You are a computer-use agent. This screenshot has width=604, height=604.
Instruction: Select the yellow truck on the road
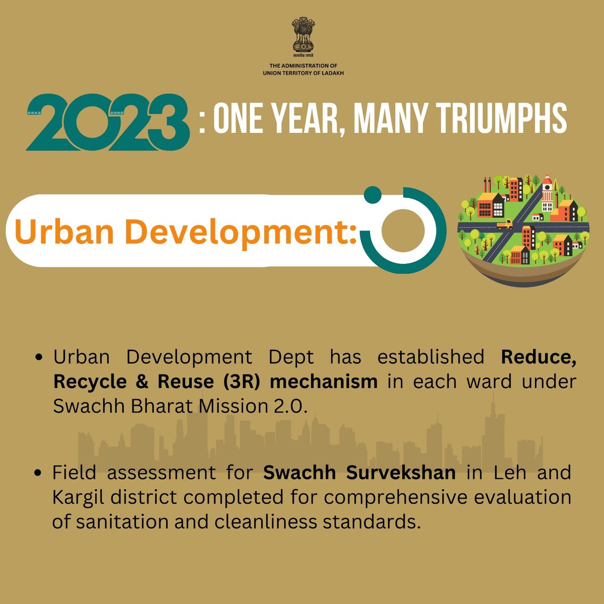click(x=504, y=224)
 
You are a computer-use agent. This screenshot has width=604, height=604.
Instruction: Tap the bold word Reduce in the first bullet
click(x=538, y=357)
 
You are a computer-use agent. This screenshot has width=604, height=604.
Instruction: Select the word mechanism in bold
click(x=324, y=382)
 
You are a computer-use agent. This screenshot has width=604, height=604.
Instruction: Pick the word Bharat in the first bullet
click(x=152, y=406)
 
